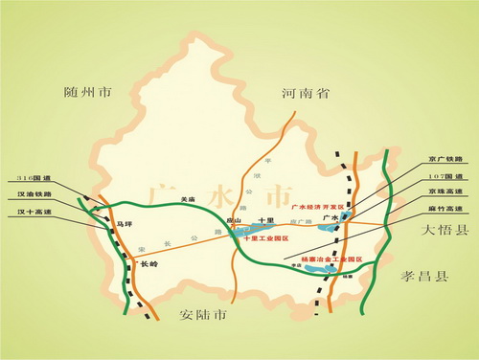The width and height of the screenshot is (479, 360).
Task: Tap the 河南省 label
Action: coord(306,94)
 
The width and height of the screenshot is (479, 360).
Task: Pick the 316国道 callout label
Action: coord(33,177)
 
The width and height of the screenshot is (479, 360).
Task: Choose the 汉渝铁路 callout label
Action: coord(34,193)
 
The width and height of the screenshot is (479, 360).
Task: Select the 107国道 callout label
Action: coord(445,176)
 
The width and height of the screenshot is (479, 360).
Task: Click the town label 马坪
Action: coord(123,223)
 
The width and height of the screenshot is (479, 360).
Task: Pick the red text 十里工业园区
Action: coord(267,236)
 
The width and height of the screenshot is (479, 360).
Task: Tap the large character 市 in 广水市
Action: coord(276,195)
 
